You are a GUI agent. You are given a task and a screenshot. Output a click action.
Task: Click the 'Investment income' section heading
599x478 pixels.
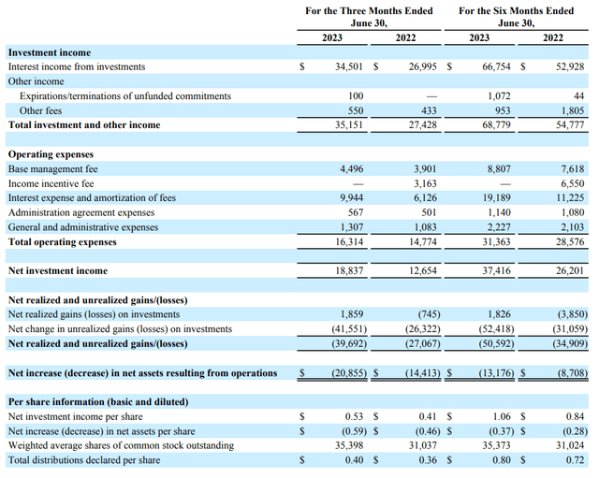coord(50,53)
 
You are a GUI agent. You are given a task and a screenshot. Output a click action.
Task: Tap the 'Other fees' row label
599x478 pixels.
coord(40,110)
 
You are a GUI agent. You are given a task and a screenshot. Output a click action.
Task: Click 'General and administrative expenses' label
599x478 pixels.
coord(83,226)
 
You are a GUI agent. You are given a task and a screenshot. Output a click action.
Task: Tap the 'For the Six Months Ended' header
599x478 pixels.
coord(517,10)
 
